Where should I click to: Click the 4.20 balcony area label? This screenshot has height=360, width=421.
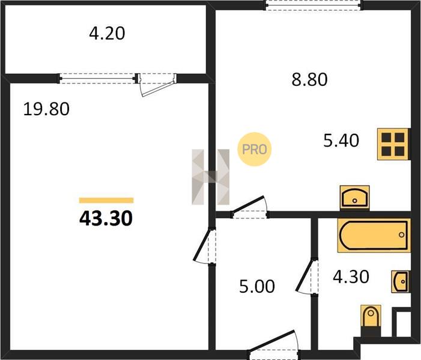[107, 34]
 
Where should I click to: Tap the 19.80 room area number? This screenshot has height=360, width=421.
[46, 109]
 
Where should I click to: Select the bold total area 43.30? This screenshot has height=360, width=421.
[106, 218]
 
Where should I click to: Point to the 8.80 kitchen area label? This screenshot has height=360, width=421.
[309, 79]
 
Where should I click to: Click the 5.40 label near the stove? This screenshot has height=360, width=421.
[341, 140]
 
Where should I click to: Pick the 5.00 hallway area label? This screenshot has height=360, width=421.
[257, 286]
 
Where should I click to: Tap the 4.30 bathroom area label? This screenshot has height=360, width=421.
[351, 277]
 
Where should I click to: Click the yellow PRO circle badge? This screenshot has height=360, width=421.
[254, 149]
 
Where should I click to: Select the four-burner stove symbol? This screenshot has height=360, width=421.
[393, 144]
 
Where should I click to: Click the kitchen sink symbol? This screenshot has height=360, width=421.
[355, 198]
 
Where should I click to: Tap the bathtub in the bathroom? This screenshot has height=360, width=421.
[374, 235]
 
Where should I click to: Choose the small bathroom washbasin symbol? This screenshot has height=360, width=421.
[401, 281]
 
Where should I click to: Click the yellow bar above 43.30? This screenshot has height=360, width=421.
[106, 200]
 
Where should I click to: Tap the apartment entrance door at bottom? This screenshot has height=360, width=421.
[274, 345]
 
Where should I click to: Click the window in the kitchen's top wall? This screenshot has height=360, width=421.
[313, 5]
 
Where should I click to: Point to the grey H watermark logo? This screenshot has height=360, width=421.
[211, 177]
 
